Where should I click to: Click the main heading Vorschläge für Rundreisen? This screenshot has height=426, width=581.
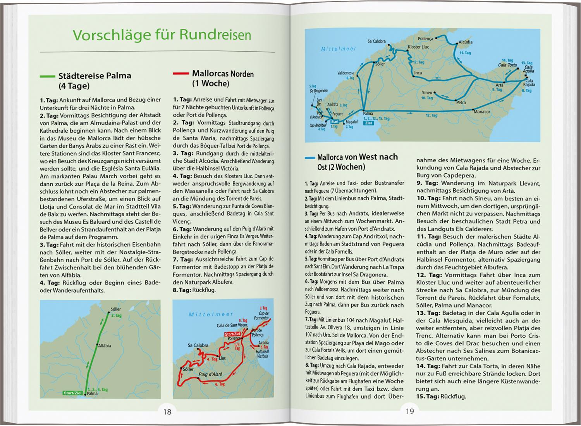[162, 35]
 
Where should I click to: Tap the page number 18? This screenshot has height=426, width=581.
[167, 412]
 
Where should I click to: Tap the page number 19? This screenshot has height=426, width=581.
[410, 412]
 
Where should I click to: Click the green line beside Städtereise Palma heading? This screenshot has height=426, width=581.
[47, 76]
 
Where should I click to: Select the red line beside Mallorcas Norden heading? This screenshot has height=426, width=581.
[180, 74]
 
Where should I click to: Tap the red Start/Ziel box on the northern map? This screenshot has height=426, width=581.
[233, 334]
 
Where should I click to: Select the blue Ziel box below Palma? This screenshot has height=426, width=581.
[368, 123]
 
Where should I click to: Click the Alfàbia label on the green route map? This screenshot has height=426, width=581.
[105, 346]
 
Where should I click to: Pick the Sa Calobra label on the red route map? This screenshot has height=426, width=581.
[198, 345]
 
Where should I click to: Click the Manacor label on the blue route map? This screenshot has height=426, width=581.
[482, 112]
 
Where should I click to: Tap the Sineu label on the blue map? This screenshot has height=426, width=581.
[427, 93]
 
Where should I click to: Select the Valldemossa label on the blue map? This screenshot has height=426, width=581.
[346, 73]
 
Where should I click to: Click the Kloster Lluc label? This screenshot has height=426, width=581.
[418, 47]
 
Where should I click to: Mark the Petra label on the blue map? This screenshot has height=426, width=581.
[461, 103]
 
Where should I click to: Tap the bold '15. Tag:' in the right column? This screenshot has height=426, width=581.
[428, 396]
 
